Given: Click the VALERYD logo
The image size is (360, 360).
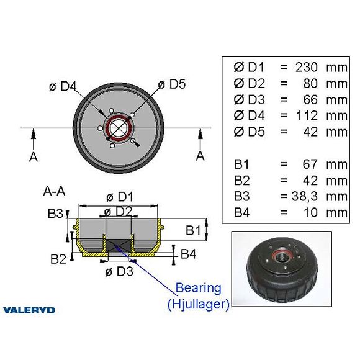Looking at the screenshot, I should (x=29, y=309).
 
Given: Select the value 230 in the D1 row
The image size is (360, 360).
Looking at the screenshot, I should (x=310, y=67).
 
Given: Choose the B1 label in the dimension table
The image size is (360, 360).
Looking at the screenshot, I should (x=243, y=164).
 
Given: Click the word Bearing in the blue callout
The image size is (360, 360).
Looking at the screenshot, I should (x=198, y=288).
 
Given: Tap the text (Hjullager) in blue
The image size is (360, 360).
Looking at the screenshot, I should (x=198, y=304).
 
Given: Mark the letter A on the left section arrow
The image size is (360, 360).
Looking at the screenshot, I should (x=33, y=157).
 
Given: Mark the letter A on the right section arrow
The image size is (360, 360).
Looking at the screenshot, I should (x=200, y=156).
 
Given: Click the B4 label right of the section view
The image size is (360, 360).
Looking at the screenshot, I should (x=189, y=253).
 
